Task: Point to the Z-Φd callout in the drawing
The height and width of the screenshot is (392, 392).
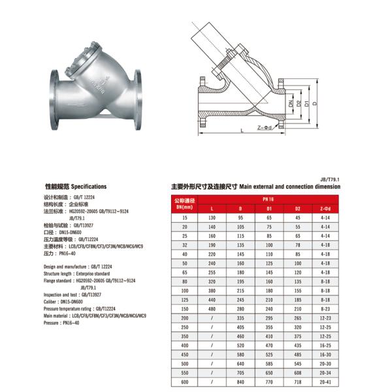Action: pos(265,128)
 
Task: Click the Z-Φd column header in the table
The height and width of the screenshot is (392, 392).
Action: pos(325,207)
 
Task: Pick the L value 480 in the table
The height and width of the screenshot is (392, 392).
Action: pos(212,308)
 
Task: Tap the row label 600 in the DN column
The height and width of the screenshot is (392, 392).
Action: pos(184,382)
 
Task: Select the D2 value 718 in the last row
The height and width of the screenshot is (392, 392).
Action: pos(297,382)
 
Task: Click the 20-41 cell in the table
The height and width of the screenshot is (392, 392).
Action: pos(325,382)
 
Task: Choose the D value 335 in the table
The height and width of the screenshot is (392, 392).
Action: pos(240,318)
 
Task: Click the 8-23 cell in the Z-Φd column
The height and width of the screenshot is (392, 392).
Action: pos(325,308)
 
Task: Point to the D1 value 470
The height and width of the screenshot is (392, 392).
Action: pos(269,345)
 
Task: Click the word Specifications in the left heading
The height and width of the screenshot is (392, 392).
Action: pos(88,186)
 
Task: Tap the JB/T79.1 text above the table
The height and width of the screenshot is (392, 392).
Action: pos(331,177)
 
